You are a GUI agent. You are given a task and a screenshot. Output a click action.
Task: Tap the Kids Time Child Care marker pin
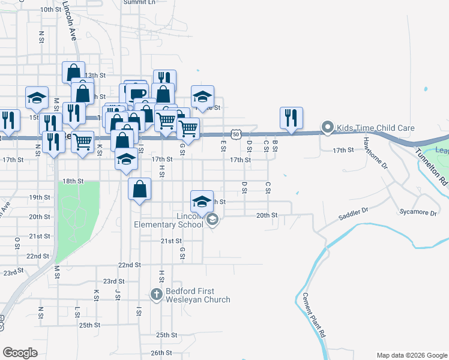(x=327, y=127)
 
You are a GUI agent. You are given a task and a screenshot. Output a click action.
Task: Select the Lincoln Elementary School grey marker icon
(x=211, y=221)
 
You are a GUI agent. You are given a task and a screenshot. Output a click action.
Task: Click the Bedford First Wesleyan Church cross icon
(x=156, y=294)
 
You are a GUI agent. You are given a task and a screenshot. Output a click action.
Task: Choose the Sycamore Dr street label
(x=417, y=212)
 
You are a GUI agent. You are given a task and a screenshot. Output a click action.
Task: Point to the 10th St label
(x=50, y=10)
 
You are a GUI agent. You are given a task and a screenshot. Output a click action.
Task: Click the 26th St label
(x=161, y=353)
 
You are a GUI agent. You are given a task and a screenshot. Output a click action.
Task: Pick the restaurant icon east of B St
(x=291, y=118)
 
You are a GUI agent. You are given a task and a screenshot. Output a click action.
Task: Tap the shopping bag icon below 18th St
(x=139, y=190)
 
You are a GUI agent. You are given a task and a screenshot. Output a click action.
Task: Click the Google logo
(x=20, y=353)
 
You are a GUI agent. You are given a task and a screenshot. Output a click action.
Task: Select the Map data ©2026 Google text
(x=411, y=355)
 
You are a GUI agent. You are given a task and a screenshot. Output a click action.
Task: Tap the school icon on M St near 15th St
(x=37, y=97)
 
